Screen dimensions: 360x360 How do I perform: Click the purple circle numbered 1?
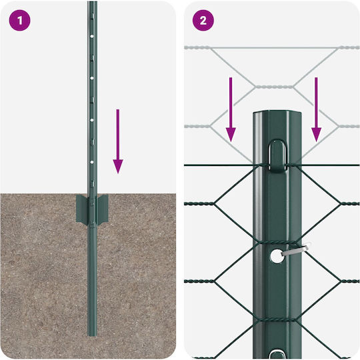coord(19,20)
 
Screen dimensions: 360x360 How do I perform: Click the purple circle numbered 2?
coord(203,20)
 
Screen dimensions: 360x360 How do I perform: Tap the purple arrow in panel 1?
coord(118,141)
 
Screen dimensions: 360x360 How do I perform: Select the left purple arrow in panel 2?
coord(231,109)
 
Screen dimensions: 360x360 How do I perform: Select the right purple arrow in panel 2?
coord(316,109)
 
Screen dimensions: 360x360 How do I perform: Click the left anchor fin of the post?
coord(82,209)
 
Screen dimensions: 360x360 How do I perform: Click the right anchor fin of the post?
coord(103,209)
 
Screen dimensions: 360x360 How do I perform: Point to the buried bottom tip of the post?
coord(93,336)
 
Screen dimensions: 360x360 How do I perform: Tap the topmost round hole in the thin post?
coord(92,36)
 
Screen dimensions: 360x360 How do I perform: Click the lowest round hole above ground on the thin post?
coord(92,162)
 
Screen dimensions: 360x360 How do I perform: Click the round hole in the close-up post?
coord(277,256)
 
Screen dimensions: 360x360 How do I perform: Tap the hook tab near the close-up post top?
coord(277,156)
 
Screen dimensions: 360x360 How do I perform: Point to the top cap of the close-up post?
coord(277,113)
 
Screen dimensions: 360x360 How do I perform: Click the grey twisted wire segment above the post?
coord(274,87)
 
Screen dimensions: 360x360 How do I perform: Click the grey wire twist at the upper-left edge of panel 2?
coord(197,48)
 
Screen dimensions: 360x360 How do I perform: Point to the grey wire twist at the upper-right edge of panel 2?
coord(349,48)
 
